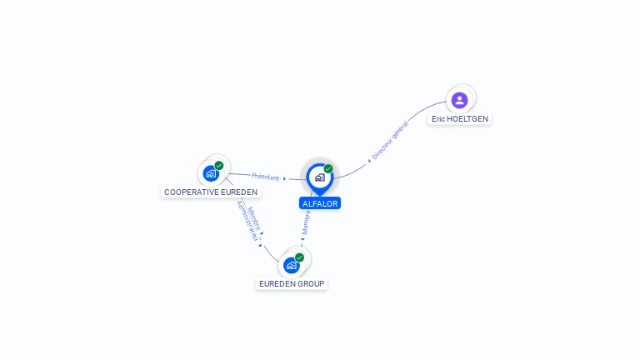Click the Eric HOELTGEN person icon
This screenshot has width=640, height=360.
point(459,100)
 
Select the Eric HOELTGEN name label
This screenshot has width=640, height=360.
point(460,119)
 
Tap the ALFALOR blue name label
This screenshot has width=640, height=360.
point(320,203)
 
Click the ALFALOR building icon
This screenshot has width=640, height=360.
point(319,177)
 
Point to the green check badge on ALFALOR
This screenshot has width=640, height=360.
point(328,169)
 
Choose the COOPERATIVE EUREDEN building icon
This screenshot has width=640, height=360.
point(210,174)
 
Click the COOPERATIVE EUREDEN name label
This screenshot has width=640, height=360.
point(211,192)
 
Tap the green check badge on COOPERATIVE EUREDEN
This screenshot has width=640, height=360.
point(219,166)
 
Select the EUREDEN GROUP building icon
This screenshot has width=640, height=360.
point(291,265)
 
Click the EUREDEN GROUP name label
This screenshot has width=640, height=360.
point(292,284)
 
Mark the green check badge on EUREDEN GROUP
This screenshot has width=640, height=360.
point(299,257)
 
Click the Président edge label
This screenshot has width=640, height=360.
point(265,177)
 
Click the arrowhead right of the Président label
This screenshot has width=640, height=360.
point(284,178)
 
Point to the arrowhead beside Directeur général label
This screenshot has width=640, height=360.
point(369,159)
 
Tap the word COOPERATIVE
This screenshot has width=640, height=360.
point(192,192)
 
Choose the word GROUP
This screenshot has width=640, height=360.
point(311,284)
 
